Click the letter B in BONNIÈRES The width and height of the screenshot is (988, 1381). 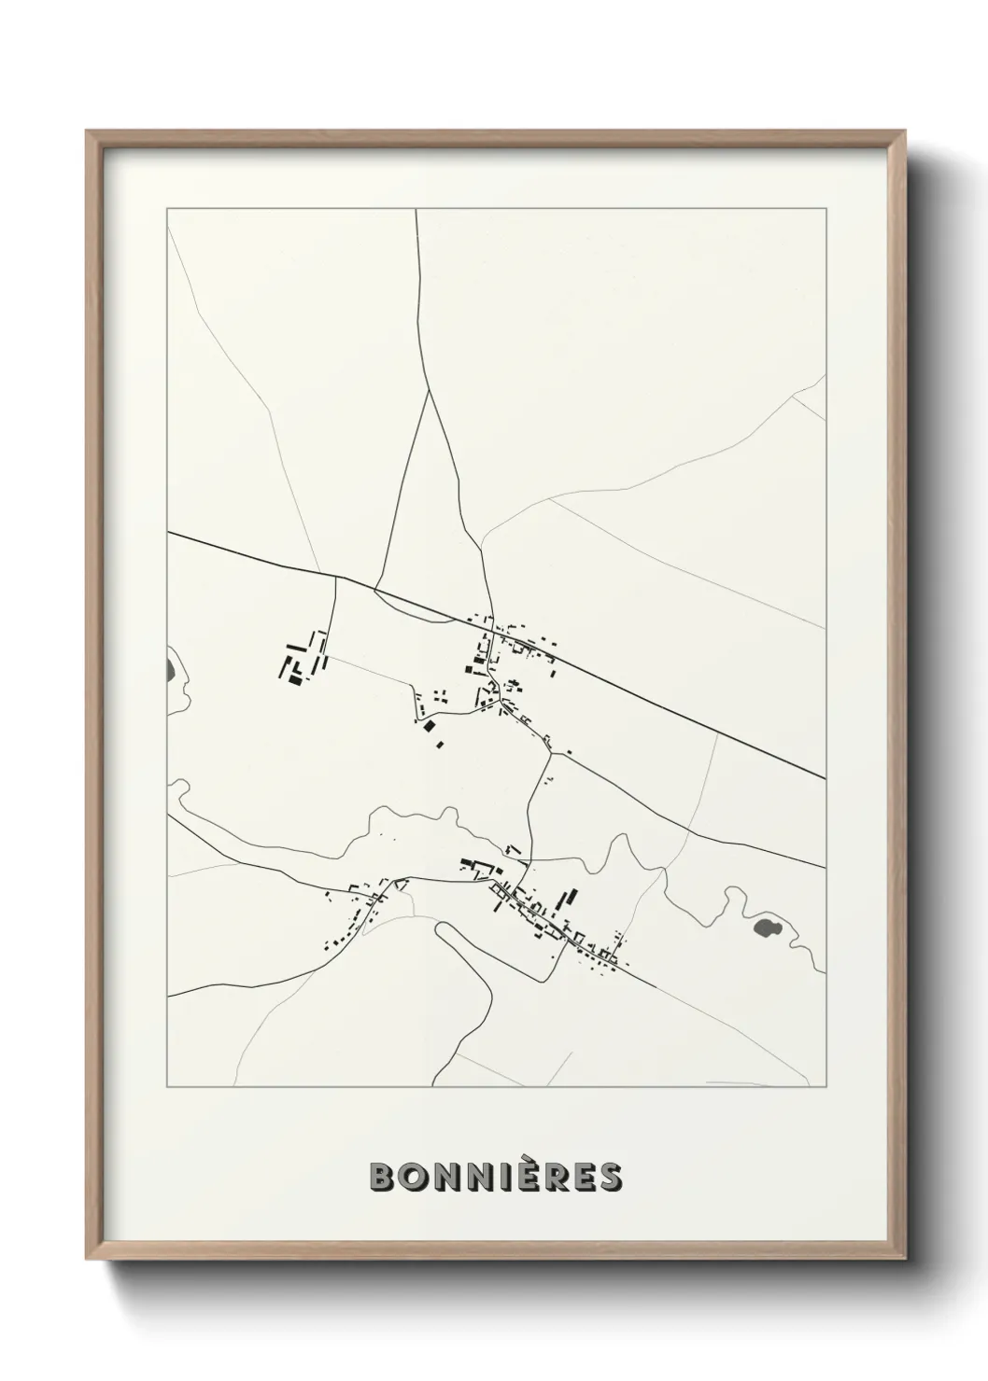point(386,1177)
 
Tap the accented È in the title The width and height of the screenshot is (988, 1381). point(521,1176)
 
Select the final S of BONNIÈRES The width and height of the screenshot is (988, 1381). point(610,1177)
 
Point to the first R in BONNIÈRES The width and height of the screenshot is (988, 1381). point(551,1177)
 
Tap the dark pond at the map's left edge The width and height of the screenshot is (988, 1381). point(170,668)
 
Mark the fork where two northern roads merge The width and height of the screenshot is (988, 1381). point(429,391)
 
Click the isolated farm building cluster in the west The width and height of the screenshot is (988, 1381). point(303,659)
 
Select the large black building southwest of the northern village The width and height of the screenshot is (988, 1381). point(429,725)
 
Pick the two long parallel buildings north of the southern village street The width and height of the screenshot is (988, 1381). point(567,900)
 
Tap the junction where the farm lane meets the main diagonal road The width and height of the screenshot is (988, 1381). point(334,577)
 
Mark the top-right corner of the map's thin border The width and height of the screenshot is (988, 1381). point(826,209)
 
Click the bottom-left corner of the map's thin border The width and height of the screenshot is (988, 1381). point(167,1087)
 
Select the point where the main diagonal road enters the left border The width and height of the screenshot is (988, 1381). point(168,533)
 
